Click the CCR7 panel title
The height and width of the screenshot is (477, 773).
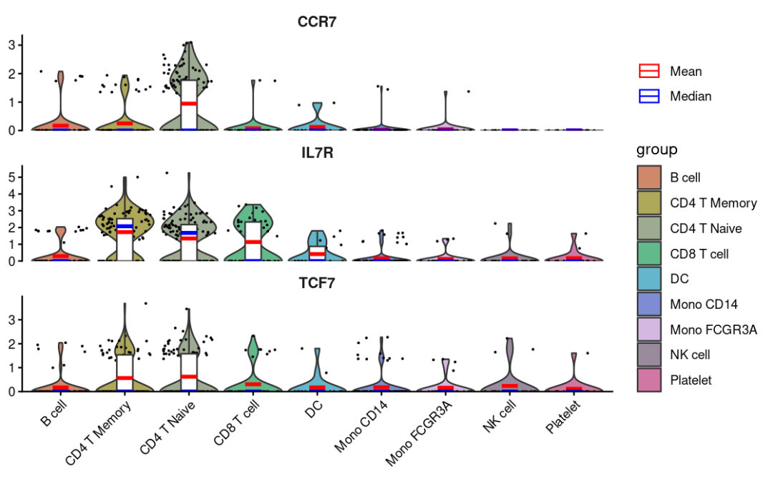(x=317, y=22)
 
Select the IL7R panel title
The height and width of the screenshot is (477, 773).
(x=317, y=153)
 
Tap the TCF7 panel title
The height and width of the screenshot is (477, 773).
(x=317, y=283)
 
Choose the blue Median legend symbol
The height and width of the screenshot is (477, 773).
(x=648, y=96)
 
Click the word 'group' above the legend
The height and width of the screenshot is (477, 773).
(x=656, y=150)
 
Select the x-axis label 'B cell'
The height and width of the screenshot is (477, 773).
(x=56, y=415)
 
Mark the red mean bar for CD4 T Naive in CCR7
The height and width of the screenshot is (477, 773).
(x=189, y=104)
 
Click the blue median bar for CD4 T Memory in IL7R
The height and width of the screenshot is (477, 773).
(x=125, y=226)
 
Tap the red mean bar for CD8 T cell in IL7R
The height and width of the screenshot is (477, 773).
(x=252, y=242)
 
